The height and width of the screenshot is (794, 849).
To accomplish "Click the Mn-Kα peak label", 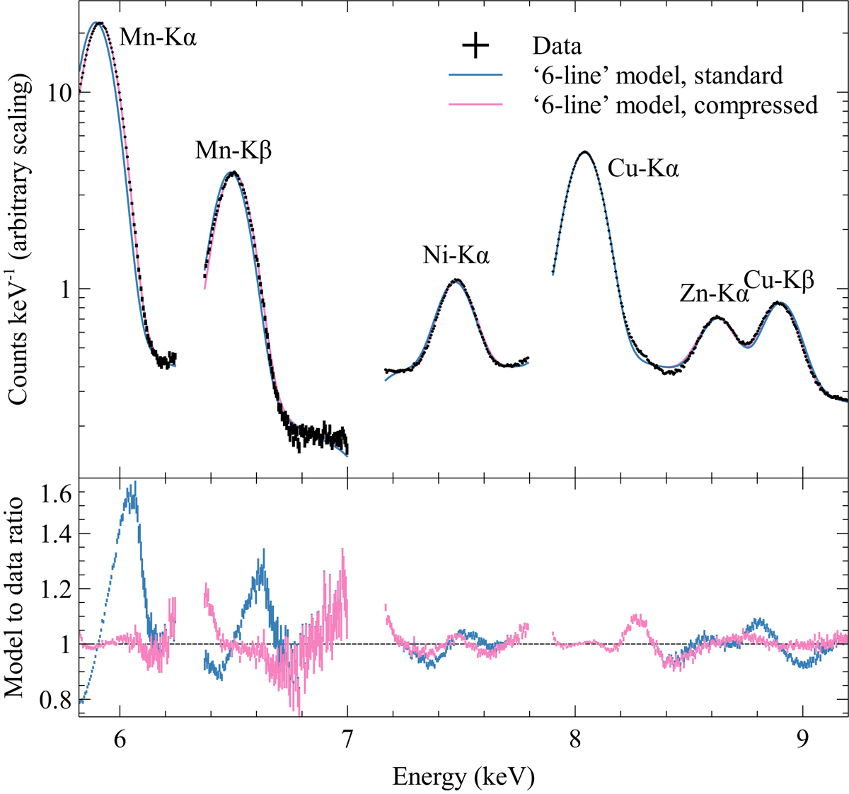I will [157, 36].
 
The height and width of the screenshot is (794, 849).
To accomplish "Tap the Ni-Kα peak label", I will [456, 255].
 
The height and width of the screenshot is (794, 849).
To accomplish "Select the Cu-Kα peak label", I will [643, 168].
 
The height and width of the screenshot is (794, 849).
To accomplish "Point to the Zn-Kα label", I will [713, 294].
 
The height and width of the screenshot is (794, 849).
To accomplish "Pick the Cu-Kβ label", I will [778, 281].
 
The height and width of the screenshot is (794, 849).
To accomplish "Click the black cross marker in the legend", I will [475, 46].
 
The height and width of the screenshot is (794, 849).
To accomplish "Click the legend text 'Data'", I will [557, 47].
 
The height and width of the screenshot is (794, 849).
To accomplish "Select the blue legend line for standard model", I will [475, 75].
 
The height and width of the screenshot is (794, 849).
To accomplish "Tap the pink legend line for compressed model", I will [475, 105].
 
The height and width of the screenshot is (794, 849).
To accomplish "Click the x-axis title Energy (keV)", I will [463, 777].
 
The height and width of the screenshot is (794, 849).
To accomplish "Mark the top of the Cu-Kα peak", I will [584, 151].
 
